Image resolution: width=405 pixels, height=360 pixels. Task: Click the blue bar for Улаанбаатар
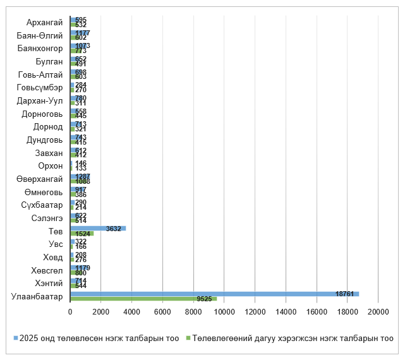(x=215, y=294)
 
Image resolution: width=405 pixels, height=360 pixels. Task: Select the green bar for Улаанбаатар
(x=143, y=299)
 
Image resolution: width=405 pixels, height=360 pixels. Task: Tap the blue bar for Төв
(x=98, y=228)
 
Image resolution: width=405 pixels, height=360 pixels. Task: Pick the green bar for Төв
(x=82, y=233)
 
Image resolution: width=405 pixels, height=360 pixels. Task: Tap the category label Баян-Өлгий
(x=40, y=35)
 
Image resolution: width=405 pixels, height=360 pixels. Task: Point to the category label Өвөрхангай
(x=40, y=179)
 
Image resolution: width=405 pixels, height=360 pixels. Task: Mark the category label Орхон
(x=51, y=166)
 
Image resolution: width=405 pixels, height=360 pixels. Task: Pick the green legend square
(x=188, y=339)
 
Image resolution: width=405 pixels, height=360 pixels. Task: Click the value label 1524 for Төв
(x=80, y=234)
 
